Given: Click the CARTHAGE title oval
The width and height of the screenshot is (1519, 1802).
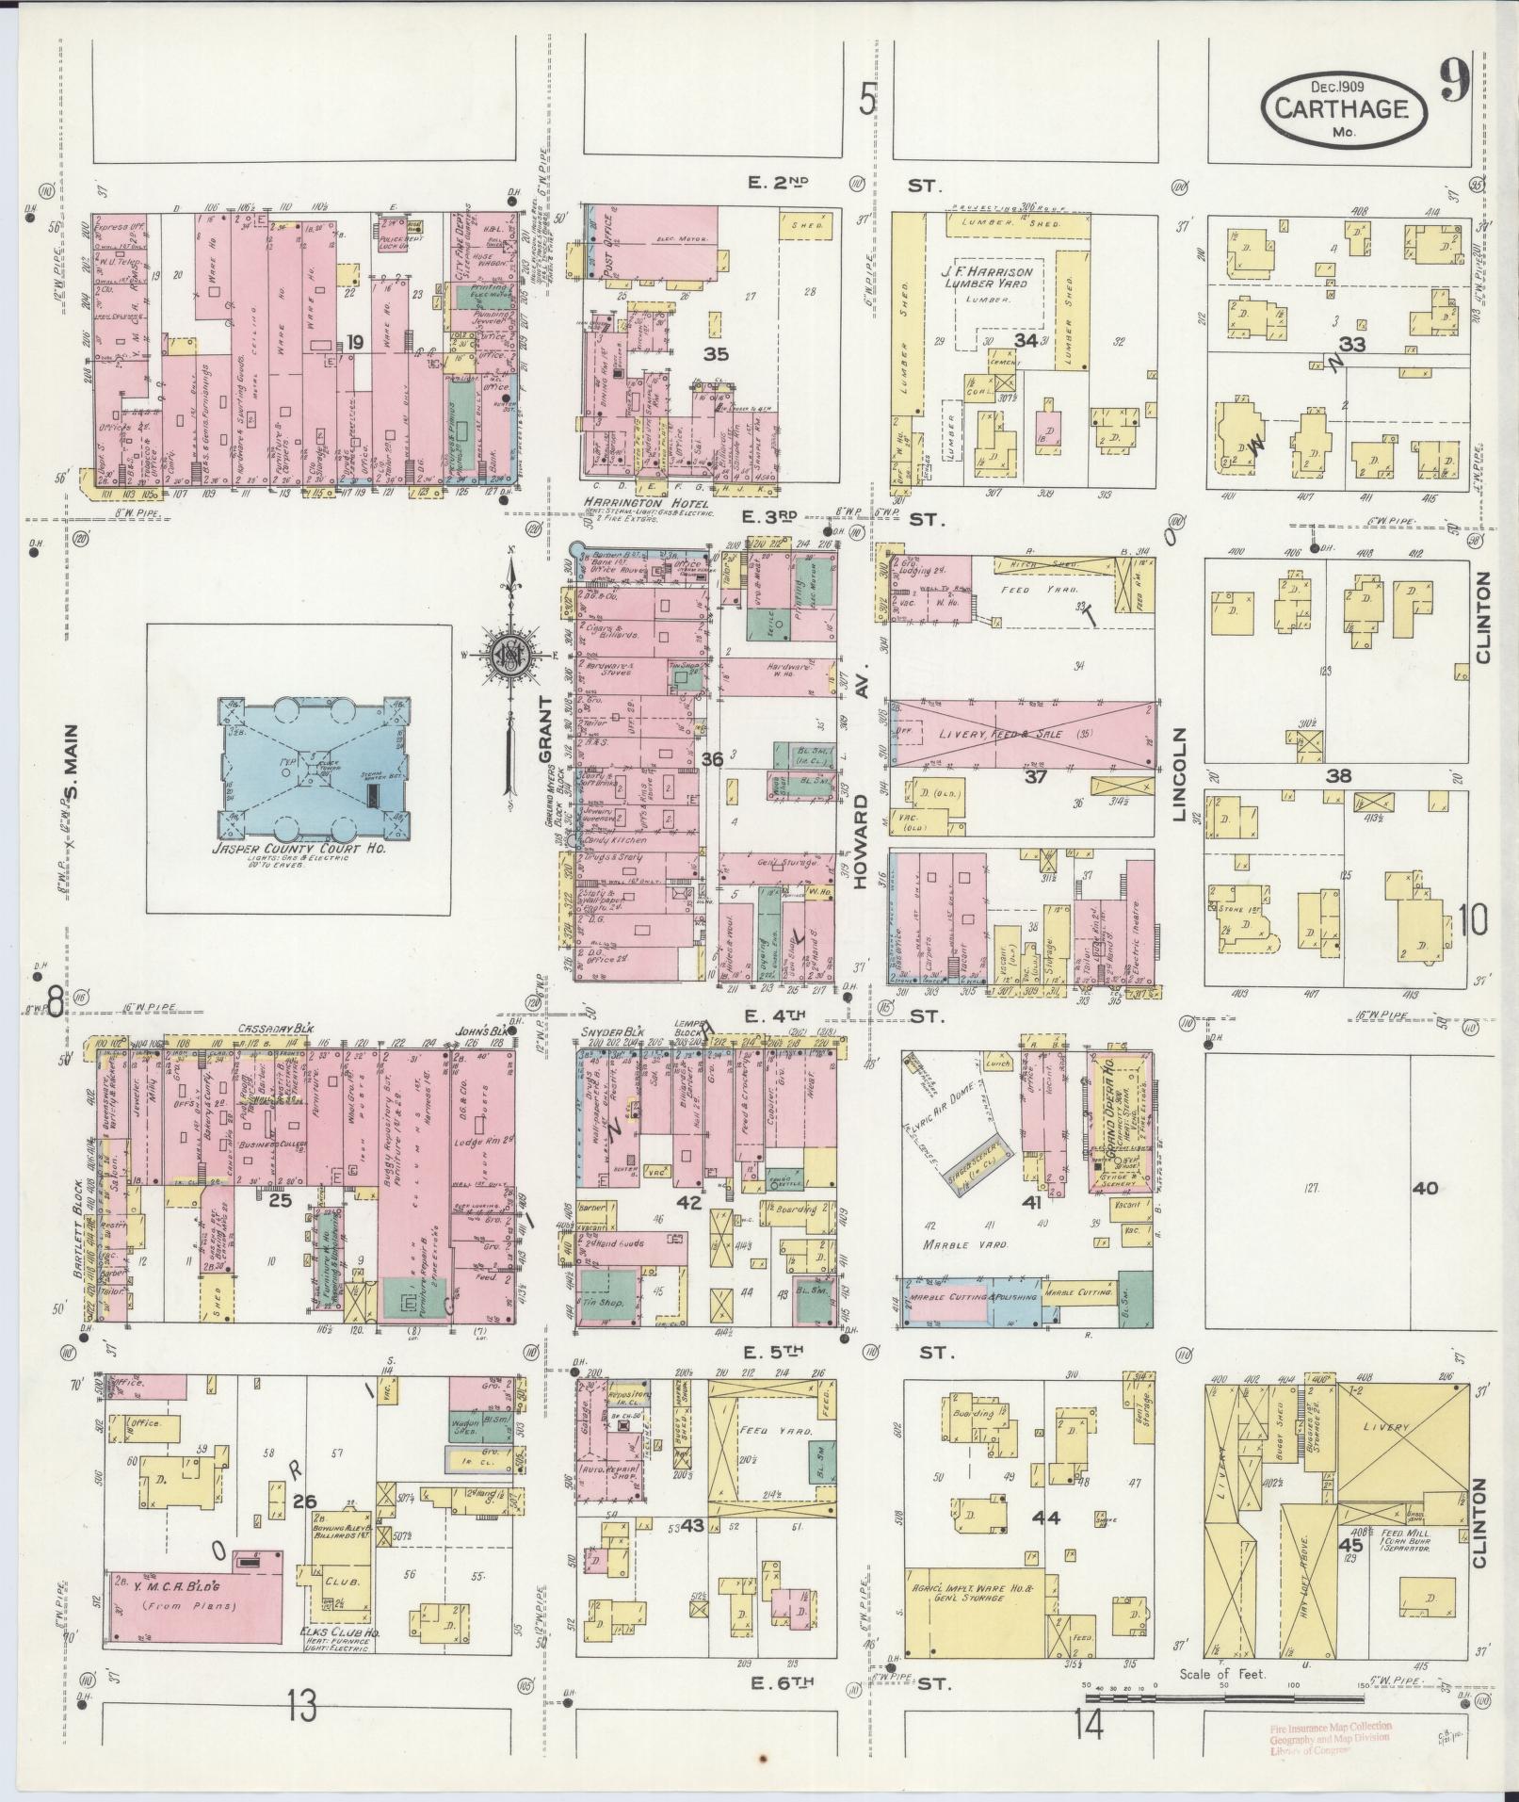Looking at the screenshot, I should pos(1342,108).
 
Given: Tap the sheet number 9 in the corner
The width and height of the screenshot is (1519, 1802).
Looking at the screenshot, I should pos(1455,85).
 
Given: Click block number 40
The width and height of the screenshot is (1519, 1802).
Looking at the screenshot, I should pos(1425,1189).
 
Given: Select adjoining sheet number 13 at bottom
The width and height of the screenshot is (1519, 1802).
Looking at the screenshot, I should pos(302,1706).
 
